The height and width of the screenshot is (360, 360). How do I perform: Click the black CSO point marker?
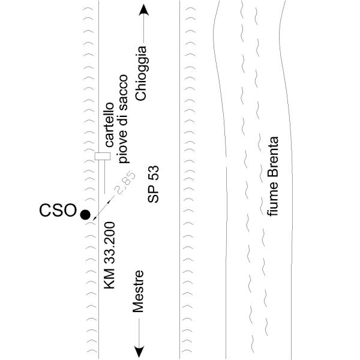point(85,215)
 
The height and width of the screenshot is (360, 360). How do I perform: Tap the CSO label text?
point(58,211)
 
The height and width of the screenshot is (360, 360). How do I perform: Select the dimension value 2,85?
point(126,183)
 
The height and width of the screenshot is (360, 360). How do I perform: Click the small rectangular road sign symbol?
point(103,156)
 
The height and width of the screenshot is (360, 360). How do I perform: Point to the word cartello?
point(110,125)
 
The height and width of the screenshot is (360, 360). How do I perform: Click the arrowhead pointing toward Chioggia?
point(144,10)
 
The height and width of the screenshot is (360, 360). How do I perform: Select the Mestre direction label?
point(138,292)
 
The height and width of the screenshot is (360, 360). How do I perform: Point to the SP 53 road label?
point(153,184)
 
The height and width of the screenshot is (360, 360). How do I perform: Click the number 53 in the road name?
point(153,172)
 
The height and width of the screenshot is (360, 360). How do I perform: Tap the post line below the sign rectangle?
point(104,177)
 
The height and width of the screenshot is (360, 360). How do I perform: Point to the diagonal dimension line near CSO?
point(103,208)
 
